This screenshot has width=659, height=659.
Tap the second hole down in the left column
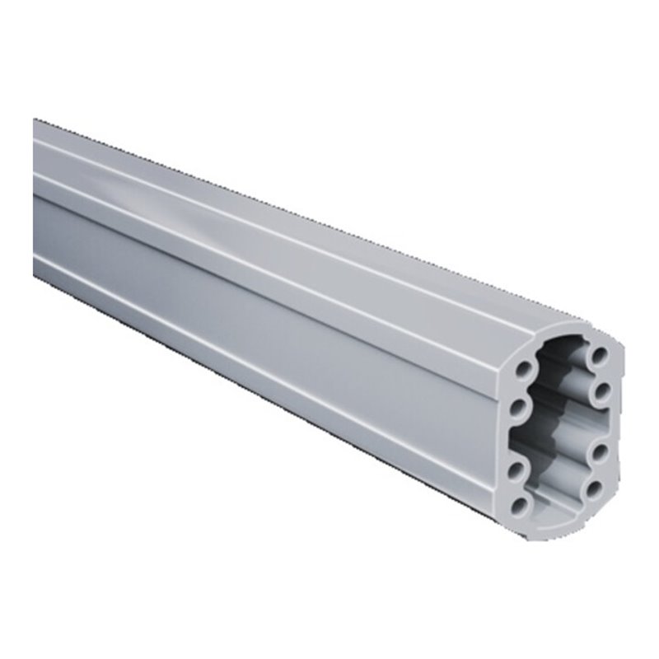click(518, 407)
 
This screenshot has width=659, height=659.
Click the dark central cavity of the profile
click(560, 428)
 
